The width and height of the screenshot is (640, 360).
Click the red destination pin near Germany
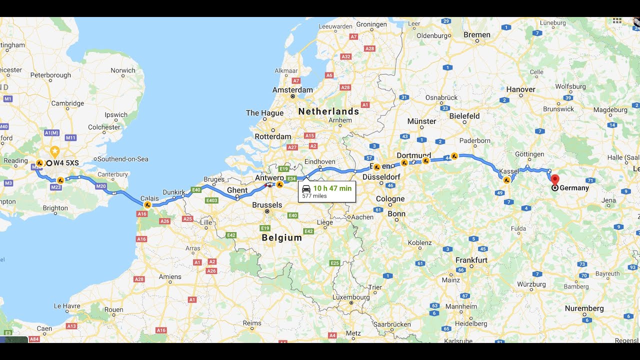[554, 179]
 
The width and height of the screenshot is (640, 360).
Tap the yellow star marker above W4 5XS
[55, 150]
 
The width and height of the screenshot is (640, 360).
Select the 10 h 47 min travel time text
[332, 188]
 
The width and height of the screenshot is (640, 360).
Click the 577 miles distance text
[314, 196]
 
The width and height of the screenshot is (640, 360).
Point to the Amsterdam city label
[292, 90]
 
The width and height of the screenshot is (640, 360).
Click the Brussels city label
[267, 205]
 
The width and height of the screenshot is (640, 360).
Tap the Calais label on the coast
[149, 198]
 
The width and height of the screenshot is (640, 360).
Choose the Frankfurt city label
[471, 260]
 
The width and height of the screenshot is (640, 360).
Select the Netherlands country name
[328, 111]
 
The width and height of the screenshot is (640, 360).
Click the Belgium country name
[282, 238]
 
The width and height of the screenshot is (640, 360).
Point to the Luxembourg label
[351, 297]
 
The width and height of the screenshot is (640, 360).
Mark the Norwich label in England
[123, 70]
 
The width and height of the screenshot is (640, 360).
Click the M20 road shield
[100, 186]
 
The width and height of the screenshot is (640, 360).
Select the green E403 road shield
[211, 200]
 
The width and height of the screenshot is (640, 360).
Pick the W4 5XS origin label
[66, 163]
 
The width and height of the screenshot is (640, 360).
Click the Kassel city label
[509, 171]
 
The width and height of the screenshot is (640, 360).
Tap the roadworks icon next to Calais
[147, 204]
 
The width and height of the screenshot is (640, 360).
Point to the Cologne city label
[390, 199]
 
